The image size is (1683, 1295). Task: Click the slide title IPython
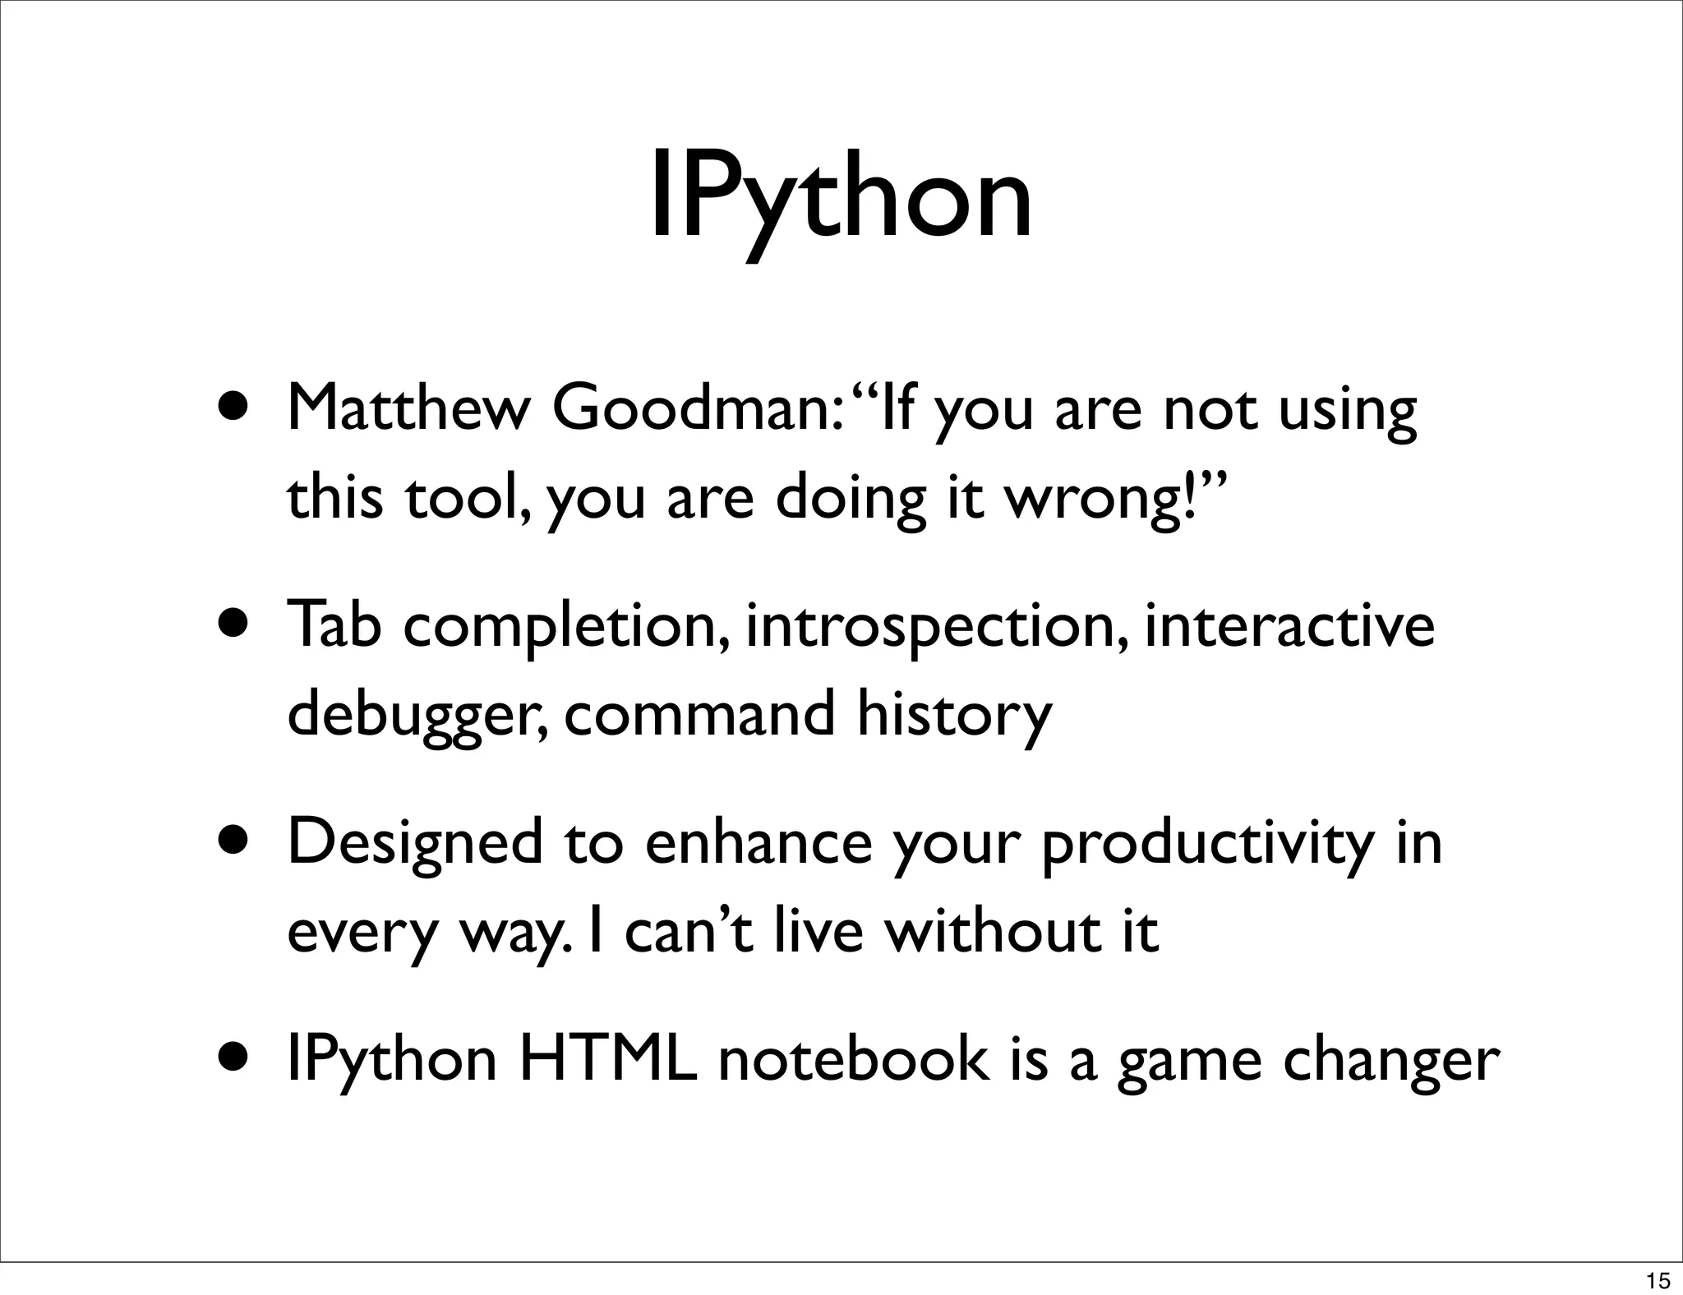(x=841, y=200)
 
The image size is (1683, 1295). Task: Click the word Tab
(x=334, y=624)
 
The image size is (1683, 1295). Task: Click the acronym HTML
(x=609, y=1059)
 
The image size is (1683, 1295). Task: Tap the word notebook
(x=855, y=1059)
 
